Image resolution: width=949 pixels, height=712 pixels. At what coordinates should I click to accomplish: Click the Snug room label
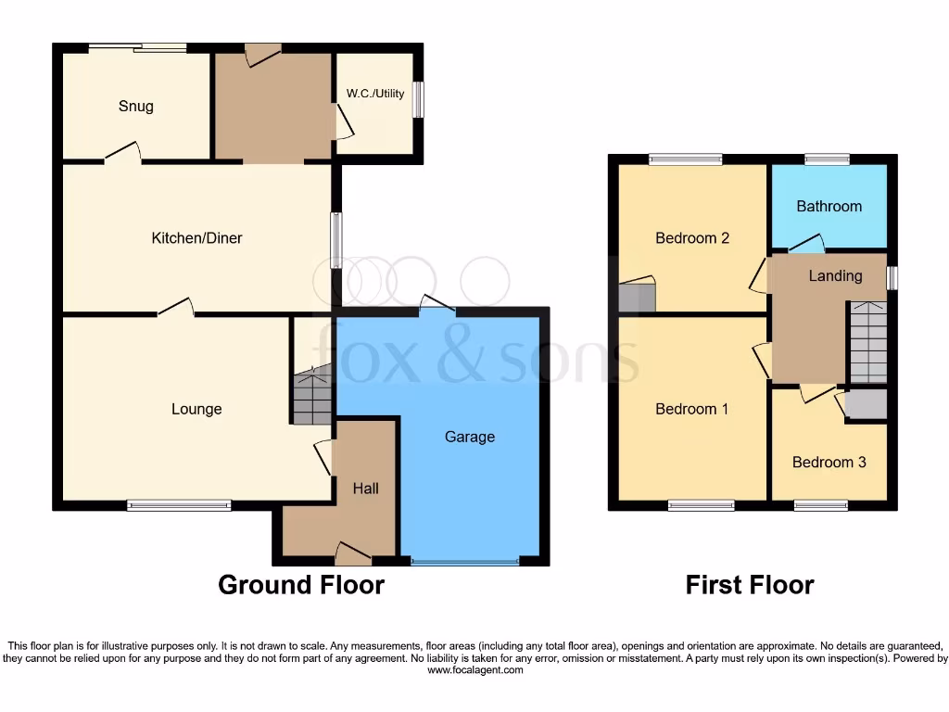click(x=135, y=106)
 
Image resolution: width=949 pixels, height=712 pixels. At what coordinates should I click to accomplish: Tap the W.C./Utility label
click(x=375, y=94)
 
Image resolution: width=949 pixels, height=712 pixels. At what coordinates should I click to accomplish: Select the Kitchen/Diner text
click(x=196, y=238)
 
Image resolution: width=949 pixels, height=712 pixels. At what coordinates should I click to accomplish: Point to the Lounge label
click(x=196, y=409)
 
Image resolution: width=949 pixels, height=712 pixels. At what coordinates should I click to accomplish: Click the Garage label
click(x=470, y=437)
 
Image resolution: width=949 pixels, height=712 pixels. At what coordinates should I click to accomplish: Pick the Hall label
click(x=365, y=488)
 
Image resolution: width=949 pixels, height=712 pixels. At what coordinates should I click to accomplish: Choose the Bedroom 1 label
click(x=691, y=409)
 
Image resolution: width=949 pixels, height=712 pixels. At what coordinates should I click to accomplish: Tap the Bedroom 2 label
click(x=691, y=238)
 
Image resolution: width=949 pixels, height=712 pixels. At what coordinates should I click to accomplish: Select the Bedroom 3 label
click(x=829, y=462)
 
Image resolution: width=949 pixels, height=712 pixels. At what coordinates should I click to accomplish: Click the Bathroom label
click(x=829, y=206)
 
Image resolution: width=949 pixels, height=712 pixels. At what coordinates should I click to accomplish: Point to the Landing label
click(x=835, y=275)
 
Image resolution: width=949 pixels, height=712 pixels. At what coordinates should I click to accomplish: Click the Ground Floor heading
click(x=301, y=585)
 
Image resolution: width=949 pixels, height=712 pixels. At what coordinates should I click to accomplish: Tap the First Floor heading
click(x=749, y=585)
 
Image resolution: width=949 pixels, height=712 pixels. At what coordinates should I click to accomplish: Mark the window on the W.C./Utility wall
click(x=419, y=100)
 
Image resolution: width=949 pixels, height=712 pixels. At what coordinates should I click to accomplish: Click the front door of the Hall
click(x=353, y=554)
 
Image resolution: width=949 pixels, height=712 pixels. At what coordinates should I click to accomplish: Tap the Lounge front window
click(x=179, y=505)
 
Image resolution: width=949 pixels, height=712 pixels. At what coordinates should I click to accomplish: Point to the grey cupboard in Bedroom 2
click(x=637, y=296)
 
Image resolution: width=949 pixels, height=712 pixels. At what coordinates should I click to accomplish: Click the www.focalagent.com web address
click(x=474, y=670)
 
